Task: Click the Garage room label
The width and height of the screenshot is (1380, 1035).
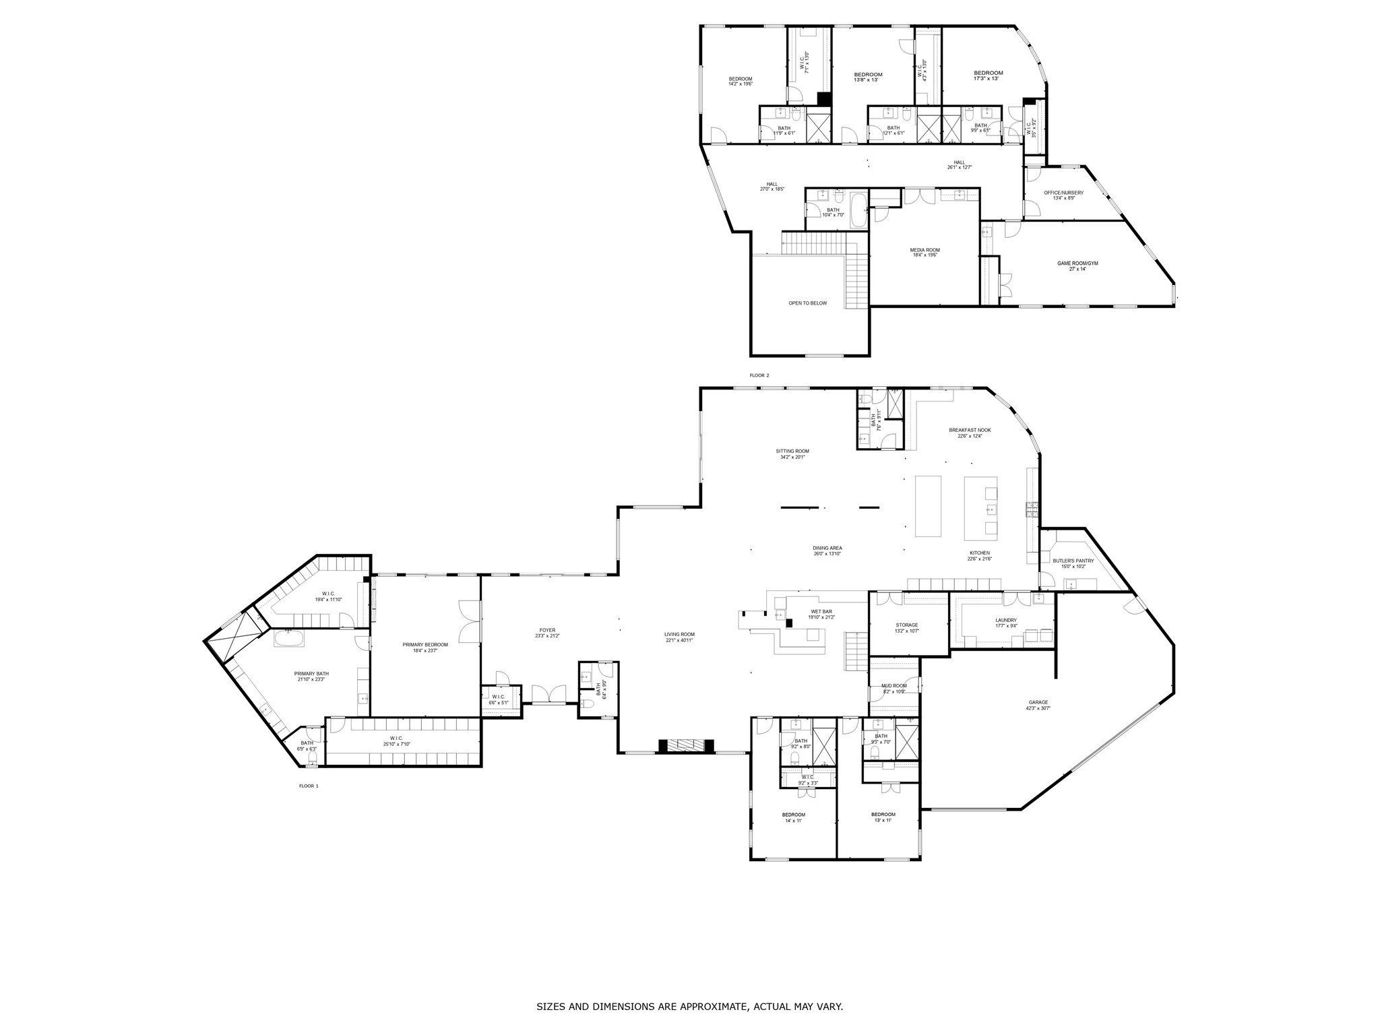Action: click(x=1038, y=702)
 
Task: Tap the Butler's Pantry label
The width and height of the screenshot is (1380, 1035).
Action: click(x=1073, y=561)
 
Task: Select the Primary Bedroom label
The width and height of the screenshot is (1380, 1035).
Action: click(x=425, y=645)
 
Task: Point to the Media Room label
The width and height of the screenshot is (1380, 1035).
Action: click(x=924, y=250)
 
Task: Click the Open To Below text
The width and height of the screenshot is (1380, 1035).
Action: click(x=807, y=303)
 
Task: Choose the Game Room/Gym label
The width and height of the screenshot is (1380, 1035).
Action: click(x=1077, y=263)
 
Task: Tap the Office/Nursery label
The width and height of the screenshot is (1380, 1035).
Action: click(x=1063, y=193)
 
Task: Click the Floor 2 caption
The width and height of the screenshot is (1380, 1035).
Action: click(x=759, y=375)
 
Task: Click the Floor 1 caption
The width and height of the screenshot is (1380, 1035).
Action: click(x=309, y=786)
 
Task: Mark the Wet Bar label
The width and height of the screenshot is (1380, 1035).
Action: click(x=821, y=612)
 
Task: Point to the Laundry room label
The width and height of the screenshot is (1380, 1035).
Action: click(x=1006, y=620)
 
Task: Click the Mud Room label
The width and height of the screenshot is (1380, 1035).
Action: click(x=894, y=686)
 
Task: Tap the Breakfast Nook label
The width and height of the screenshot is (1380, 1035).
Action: click(x=970, y=430)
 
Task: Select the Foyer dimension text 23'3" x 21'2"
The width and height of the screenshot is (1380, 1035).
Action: click(x=547, y=636)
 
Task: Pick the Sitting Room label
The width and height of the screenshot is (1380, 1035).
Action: click(x=792, y=451)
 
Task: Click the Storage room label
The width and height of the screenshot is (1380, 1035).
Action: click(x=907, y=625)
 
